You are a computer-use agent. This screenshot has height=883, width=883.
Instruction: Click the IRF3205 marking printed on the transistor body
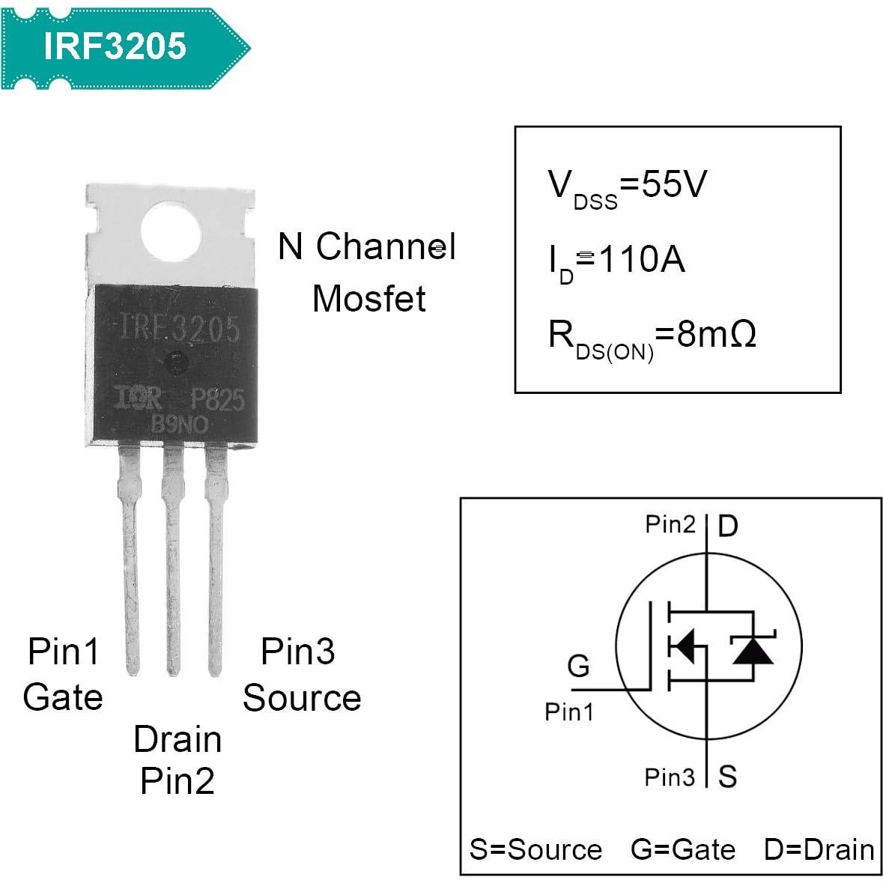pos(180,329)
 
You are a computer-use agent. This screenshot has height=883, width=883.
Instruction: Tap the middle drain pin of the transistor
pos(173,562)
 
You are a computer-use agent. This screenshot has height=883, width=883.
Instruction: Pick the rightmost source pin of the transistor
pos(216,562)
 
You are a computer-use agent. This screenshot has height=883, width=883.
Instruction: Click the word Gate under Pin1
pos(63,697)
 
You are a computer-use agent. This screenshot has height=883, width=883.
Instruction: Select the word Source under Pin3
pos(302,698)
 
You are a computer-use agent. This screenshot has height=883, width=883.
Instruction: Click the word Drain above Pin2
pos(177,740)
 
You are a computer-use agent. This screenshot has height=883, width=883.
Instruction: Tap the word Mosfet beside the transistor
pos(368,299)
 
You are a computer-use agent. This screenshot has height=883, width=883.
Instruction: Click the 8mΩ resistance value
pos(716,334)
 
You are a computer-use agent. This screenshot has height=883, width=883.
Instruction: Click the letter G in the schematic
pos(578,665)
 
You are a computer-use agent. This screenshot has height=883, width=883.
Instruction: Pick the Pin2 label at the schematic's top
pos(670,524)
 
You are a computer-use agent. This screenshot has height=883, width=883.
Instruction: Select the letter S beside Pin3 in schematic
pos(727,777)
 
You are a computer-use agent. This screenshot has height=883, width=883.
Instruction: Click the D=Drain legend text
pos(819,850)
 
